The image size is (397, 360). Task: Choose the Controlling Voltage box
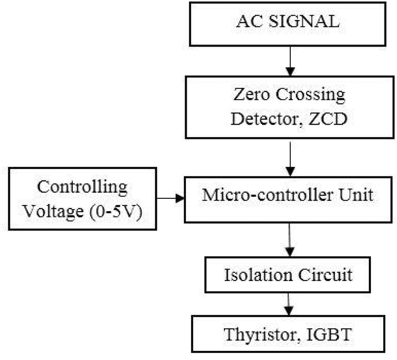pos(82,197)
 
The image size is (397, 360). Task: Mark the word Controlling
pos(83,187)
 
